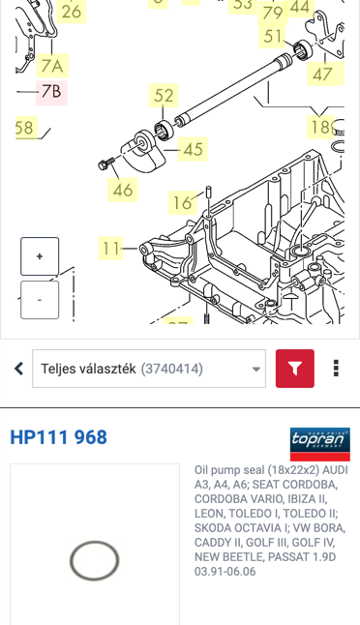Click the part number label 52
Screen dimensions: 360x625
tap(164, 95)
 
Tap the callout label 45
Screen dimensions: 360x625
tap(193, 149)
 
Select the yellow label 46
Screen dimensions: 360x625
tap(122, 190)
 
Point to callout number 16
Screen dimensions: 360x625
tap(182, 203)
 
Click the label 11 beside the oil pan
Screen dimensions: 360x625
tap(110, 249)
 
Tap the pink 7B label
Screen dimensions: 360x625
tap(51, 93)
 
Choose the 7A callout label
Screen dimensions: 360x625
tap(52, 66)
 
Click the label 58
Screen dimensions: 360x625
tap(26, 128)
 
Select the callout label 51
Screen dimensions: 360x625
tap(273, 36)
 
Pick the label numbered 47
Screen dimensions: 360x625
tap(322, 74)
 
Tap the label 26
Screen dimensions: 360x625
tap(72, 12)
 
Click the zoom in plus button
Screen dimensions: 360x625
tap(40, 256)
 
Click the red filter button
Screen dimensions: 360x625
tap(295, 369)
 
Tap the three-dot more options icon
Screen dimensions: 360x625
tap(336, 369)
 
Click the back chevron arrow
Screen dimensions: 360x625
tap(18, 369)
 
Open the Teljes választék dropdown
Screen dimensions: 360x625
tap(149, 369)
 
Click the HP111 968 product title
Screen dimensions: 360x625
tap(59, 437)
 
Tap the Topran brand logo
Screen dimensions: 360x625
tap(320, 444)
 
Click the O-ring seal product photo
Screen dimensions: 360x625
tap(95, 560)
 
